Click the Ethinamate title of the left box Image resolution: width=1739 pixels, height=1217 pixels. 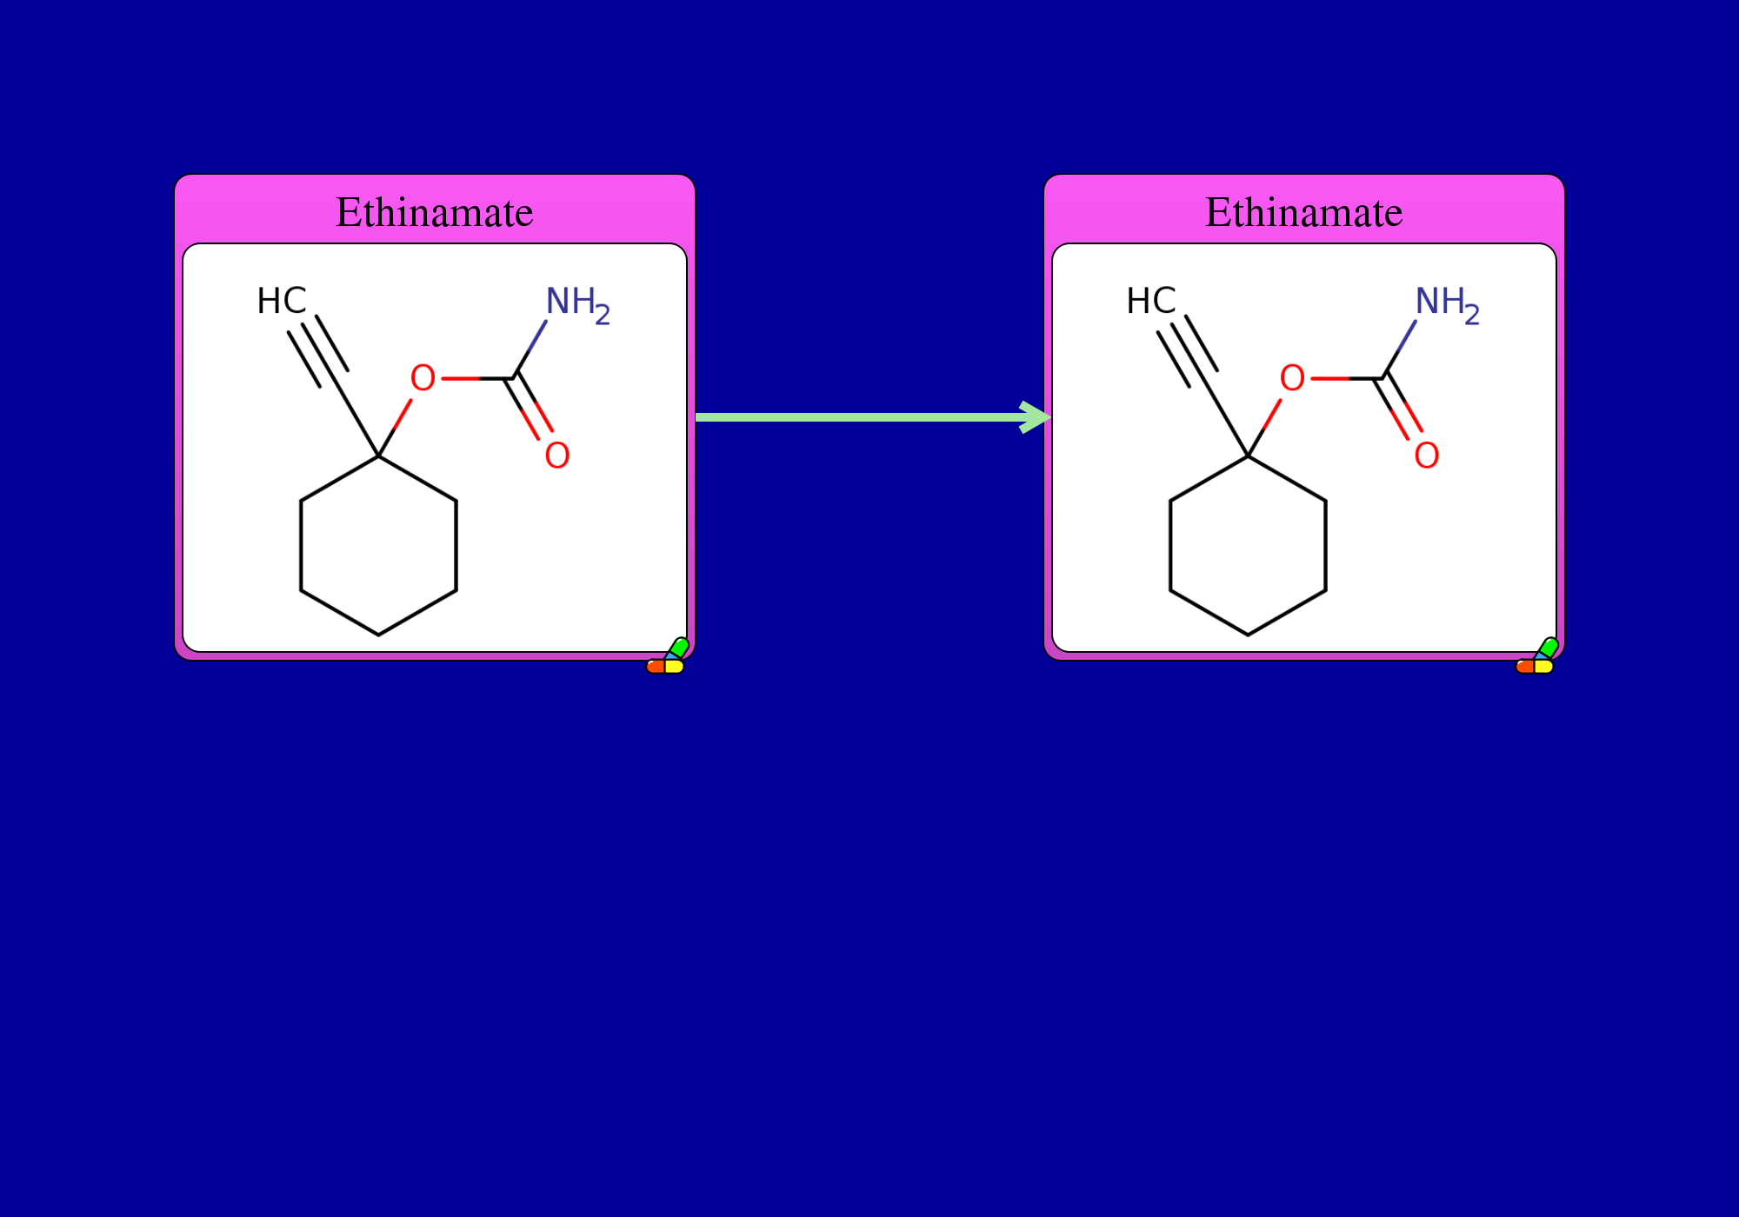pyautogui.click(x=435, y=213)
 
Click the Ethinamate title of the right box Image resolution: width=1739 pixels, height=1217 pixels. pyautogui.click(x=1304, y=213)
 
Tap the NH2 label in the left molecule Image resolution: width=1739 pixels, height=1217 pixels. pyautogui.click(x=577, y=305)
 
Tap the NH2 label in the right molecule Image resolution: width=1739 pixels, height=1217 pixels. pyautogui.click(x=1447, y=305)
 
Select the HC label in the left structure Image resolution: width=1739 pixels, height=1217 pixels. pyautogui.click(x=282, y=302)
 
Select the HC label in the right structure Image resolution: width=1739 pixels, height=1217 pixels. pyautogui.click(x=1151, y=302)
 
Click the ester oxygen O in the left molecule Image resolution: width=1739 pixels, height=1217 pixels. pyautogui.click(x=423, y=378)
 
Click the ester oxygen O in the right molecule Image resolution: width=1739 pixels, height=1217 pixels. pyautogui.click(x=1292, y=378)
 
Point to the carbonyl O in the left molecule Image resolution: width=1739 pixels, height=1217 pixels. pyautogui.click(x=557, y=455)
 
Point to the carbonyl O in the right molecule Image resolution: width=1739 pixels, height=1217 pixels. pyautogui.click(x=1427, y=455)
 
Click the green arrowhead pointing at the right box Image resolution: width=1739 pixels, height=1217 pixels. pyautogui.click(x=1036, y=417)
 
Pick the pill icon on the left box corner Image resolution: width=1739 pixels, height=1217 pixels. pyautogui.click(x=668, y=656)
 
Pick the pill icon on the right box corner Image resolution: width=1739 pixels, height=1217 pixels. pyautogui.click(x=1537, y=656)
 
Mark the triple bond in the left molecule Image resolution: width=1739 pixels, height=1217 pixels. pyautogui.click(x=318, y=351)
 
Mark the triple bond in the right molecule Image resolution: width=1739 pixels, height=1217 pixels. pyautogui.click(x=1188, y=351)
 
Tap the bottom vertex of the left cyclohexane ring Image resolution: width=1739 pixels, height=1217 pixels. pyautogui.click(x=378, y=635)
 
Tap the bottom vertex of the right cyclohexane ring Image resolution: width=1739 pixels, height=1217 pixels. pyautogui.click(x=1248, y=635)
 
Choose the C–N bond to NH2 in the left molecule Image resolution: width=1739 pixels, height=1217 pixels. pyautogui.click(x=530, y=349)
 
